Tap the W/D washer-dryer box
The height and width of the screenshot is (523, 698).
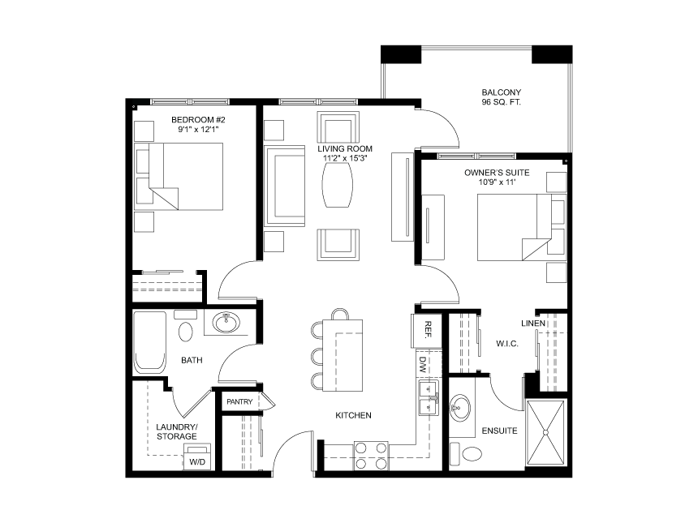pyautogui.click(x=197, y=457)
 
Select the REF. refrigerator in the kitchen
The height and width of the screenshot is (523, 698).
pyautogui.click(x=429, y=330)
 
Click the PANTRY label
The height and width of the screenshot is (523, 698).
pyautogui.click(x=239, y=401)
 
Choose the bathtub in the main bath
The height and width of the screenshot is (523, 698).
pyautogui.click(x=150, y=341)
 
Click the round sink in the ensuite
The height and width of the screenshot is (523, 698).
pyautogui.click(x=461, y=407)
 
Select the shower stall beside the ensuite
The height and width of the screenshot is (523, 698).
pyautogui.click(x=547, y=432)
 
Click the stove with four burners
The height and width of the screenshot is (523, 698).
pyautogui.click(x=371, y=456)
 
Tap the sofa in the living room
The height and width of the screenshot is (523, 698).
pyautogui.click(x=284, y=187)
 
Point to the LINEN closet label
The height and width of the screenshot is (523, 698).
pyautogui.click(x=556, y=324)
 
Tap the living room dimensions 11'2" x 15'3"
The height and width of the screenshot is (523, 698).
pyautogui.click(x=345, y=159)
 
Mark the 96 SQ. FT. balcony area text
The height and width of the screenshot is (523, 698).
pyautogui.click(x=501, y=103)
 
